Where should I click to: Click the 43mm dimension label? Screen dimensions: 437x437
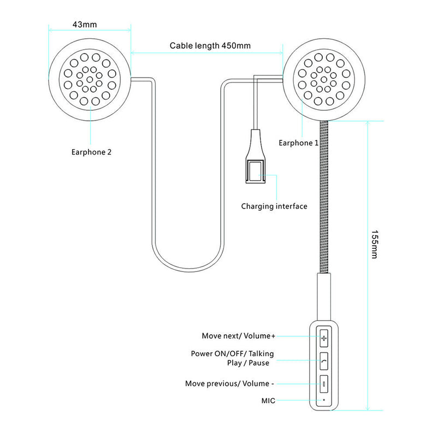coord(90,25)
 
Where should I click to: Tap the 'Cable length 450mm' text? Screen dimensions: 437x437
coord(210,46)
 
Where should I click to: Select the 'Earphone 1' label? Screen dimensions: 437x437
coord(299,143)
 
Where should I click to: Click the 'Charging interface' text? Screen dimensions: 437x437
coord(274,206)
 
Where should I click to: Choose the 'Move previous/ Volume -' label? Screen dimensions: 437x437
coord(229,383)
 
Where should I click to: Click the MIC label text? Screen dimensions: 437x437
coord(268,400)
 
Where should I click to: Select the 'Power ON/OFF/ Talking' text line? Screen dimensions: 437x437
coord(233,353)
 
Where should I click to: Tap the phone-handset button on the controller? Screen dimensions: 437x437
coord(324,361)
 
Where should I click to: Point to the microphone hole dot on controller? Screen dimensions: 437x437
coord(324,400)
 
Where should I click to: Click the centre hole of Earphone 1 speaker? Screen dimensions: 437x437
coord(325,79)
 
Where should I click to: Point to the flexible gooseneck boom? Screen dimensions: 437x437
coord(325,197)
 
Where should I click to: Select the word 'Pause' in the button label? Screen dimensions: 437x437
coord(262,363)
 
